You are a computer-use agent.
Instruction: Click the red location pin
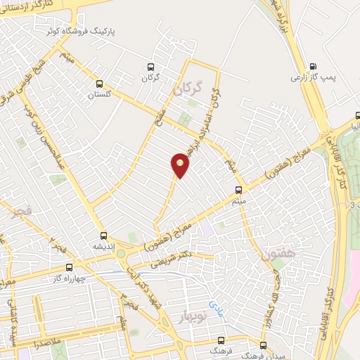point(181,165)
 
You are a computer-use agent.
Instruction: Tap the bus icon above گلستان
point(100,82)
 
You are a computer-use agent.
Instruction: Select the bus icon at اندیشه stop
point(103,236)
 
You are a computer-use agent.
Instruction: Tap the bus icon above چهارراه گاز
point(69,267)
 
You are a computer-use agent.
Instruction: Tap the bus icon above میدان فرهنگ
point(262,346)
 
